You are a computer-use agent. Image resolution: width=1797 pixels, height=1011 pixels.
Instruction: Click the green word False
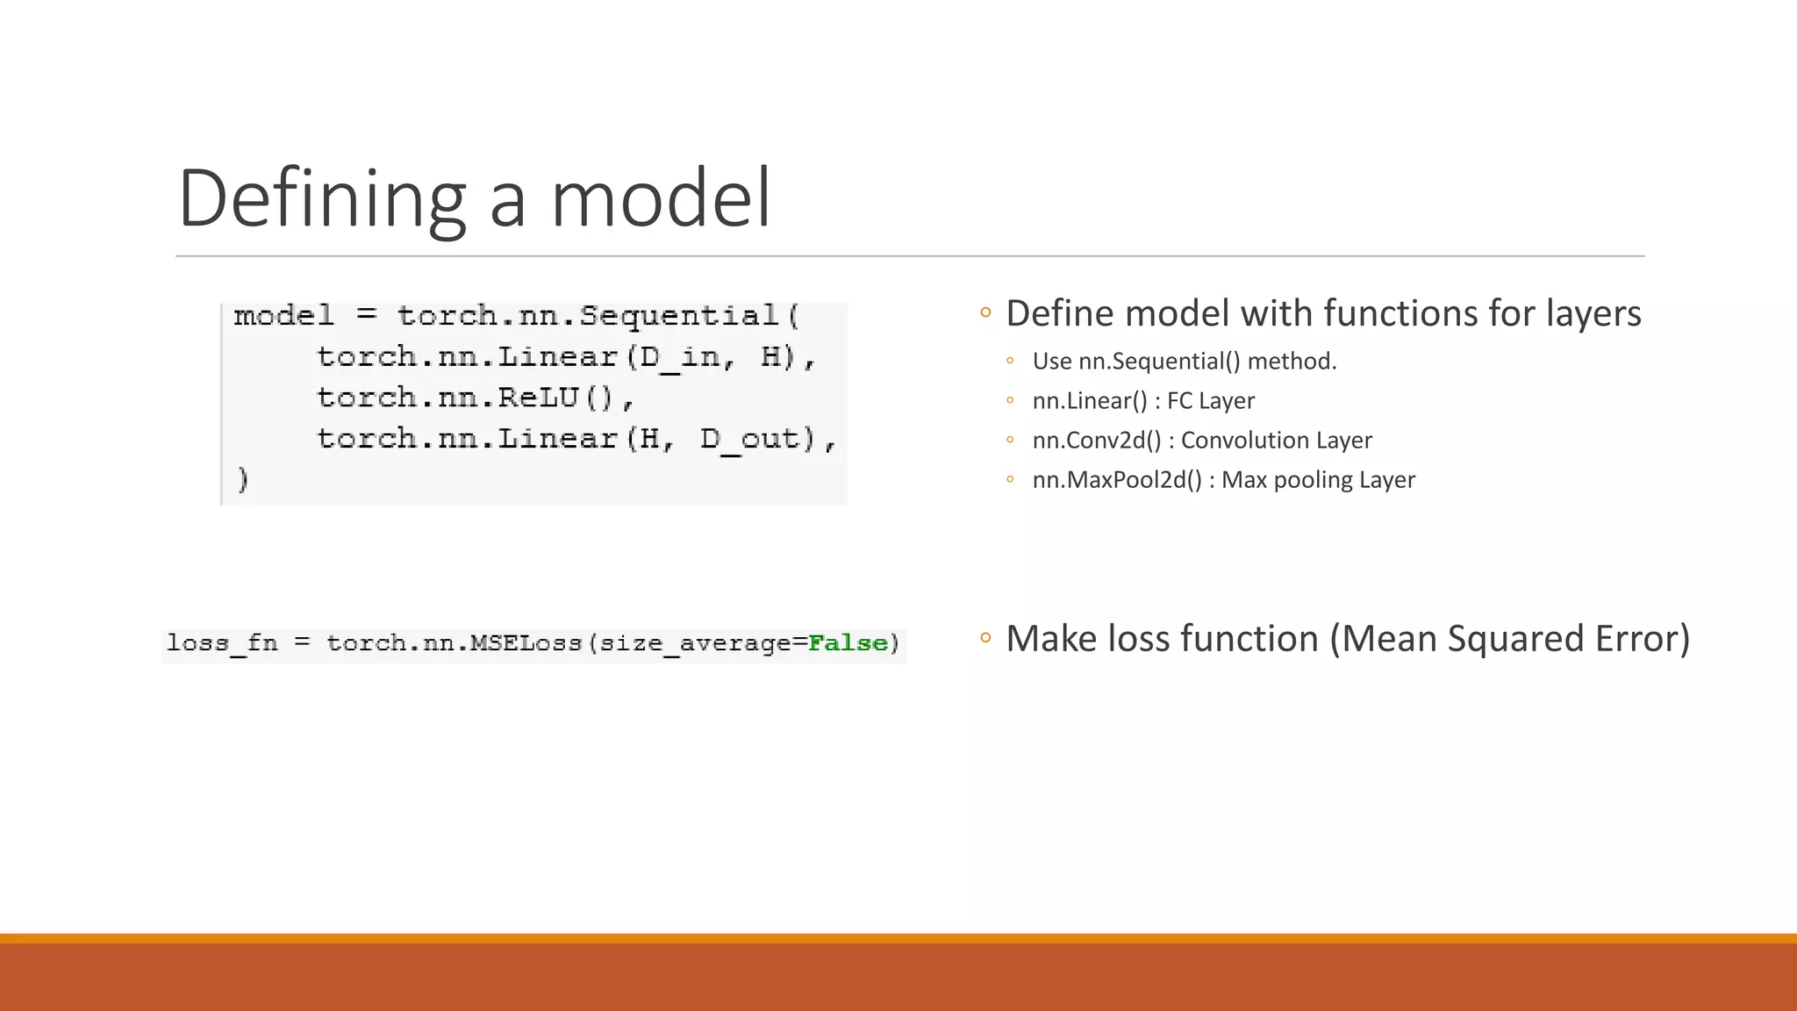coord(848,643)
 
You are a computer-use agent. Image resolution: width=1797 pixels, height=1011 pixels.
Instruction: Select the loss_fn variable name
coord(222,643)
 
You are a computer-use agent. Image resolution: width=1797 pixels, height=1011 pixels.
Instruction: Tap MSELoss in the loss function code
coord(526,643)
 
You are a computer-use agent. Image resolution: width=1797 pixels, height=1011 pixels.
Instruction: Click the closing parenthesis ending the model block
coord(243,479)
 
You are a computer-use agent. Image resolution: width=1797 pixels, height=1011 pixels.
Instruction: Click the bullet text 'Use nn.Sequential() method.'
coord(1184,362)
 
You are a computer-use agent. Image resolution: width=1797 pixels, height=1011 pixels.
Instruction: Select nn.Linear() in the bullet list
coord(1090,401)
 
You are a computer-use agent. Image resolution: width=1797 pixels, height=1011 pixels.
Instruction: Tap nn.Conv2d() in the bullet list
coord(1097,441)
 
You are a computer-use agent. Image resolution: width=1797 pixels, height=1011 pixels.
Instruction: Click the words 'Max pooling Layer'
coord(1318,480)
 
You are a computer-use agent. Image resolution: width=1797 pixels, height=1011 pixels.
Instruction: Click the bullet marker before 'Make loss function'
coord(985,638)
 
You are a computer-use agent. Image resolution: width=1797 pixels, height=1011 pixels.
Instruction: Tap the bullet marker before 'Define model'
coord(985,312)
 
